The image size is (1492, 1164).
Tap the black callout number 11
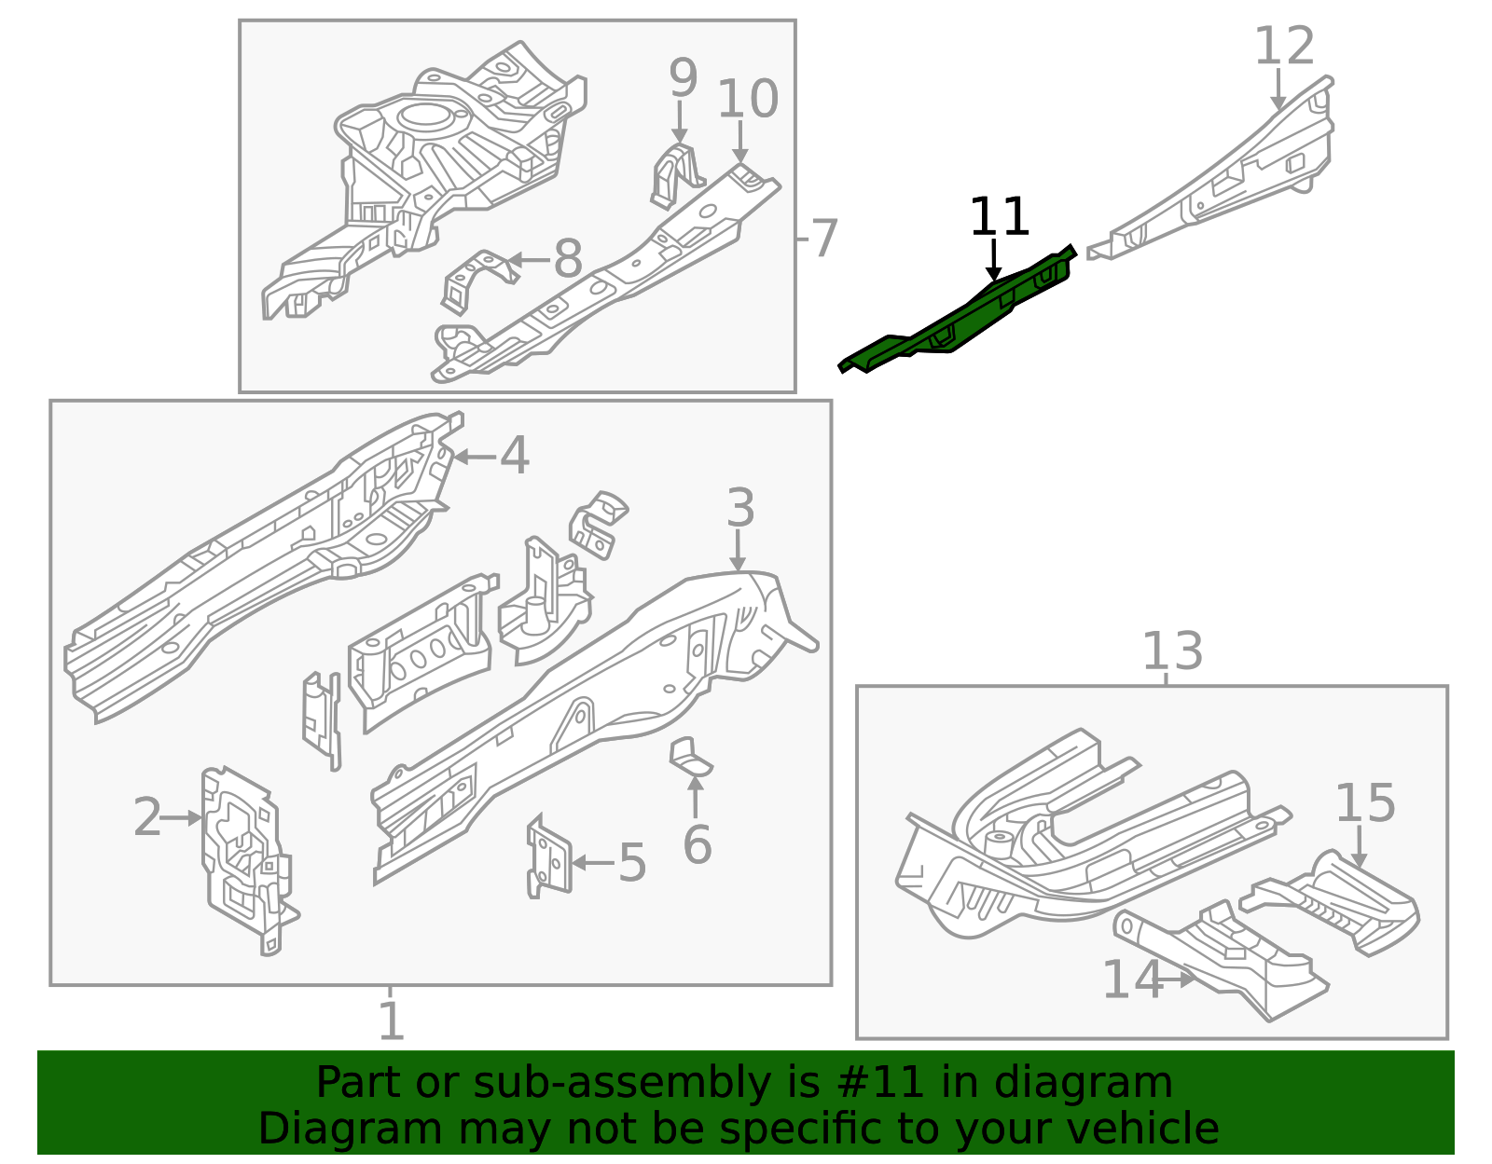point(999,218)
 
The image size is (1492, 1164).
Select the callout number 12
point(1284,47)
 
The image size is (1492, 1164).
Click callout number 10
point(747,100)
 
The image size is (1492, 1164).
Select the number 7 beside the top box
point(824,240)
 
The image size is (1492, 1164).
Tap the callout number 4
point(515,457)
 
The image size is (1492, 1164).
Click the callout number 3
point(739,509)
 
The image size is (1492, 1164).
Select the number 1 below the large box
point(391,1022)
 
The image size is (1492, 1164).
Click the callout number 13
point(1172,651)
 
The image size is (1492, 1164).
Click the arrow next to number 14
point(1182,979)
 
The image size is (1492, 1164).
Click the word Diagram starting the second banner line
point(314,1129)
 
